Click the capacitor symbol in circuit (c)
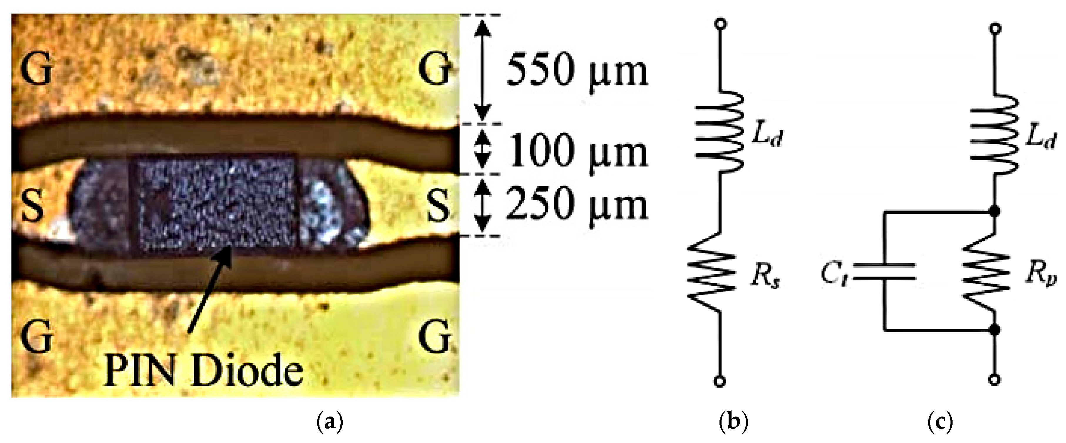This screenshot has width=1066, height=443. [x=884, y=272]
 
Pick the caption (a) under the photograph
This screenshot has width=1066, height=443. [x=330, y=422]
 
